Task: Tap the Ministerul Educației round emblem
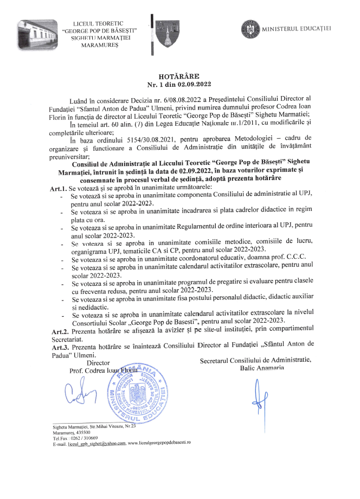click(x=250, y=28)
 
